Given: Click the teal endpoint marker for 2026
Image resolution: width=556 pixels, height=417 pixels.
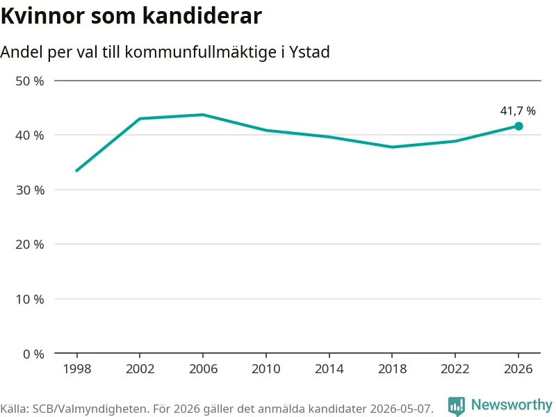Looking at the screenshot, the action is [518, 126].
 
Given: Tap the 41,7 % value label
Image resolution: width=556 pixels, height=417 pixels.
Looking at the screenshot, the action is [518, 111].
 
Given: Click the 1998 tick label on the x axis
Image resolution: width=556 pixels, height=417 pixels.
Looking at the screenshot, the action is [77, 369].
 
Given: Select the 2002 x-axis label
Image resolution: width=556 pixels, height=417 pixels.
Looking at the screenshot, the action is [140, 369].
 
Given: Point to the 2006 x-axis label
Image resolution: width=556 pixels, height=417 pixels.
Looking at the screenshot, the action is [203, 369].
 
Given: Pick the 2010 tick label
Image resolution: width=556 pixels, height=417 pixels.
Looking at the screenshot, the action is [266, 369].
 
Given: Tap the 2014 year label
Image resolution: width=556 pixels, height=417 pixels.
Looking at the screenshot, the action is [329, 369].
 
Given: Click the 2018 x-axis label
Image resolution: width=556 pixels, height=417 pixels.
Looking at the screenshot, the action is [392, 369].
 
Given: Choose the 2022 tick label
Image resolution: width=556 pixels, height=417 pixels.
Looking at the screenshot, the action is [455, 369].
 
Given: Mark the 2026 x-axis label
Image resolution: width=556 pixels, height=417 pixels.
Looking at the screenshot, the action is [518, 369].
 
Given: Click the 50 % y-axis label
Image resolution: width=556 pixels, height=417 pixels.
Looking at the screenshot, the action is [30, 81].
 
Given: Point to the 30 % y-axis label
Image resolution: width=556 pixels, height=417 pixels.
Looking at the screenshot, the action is [30, 190].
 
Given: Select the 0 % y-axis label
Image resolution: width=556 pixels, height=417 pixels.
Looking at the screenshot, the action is [33, 354].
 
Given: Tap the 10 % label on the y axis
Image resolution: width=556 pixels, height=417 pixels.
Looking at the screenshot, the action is [30, 300].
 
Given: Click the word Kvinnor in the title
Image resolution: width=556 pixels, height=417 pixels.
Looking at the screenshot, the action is [43, 15].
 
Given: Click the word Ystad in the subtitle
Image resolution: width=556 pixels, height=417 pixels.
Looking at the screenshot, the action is [309, 51].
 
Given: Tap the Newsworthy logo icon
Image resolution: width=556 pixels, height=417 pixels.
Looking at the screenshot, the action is [457, 406].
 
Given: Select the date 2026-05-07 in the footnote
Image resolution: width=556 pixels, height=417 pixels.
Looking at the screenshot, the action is [401, 409].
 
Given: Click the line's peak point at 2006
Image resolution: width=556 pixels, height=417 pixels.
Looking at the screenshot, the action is [203, 115].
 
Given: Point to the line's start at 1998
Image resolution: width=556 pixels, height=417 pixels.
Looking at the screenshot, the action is [76, 171].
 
